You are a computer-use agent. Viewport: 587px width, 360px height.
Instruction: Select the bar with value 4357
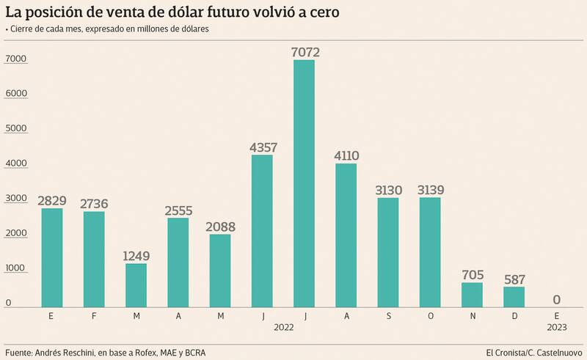262,230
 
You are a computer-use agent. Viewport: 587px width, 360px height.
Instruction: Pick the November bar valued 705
472,294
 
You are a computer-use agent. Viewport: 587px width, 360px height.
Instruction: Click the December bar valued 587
514,296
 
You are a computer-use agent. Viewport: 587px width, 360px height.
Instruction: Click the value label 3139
430,191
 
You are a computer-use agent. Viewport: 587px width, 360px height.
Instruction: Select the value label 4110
346,155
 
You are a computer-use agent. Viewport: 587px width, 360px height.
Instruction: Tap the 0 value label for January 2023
556,299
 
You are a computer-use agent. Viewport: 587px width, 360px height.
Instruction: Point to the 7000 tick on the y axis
15,59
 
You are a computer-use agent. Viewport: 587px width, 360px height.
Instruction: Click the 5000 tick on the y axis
15,129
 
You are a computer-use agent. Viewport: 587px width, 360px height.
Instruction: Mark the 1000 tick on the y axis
15,269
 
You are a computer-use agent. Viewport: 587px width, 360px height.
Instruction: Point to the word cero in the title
321,12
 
